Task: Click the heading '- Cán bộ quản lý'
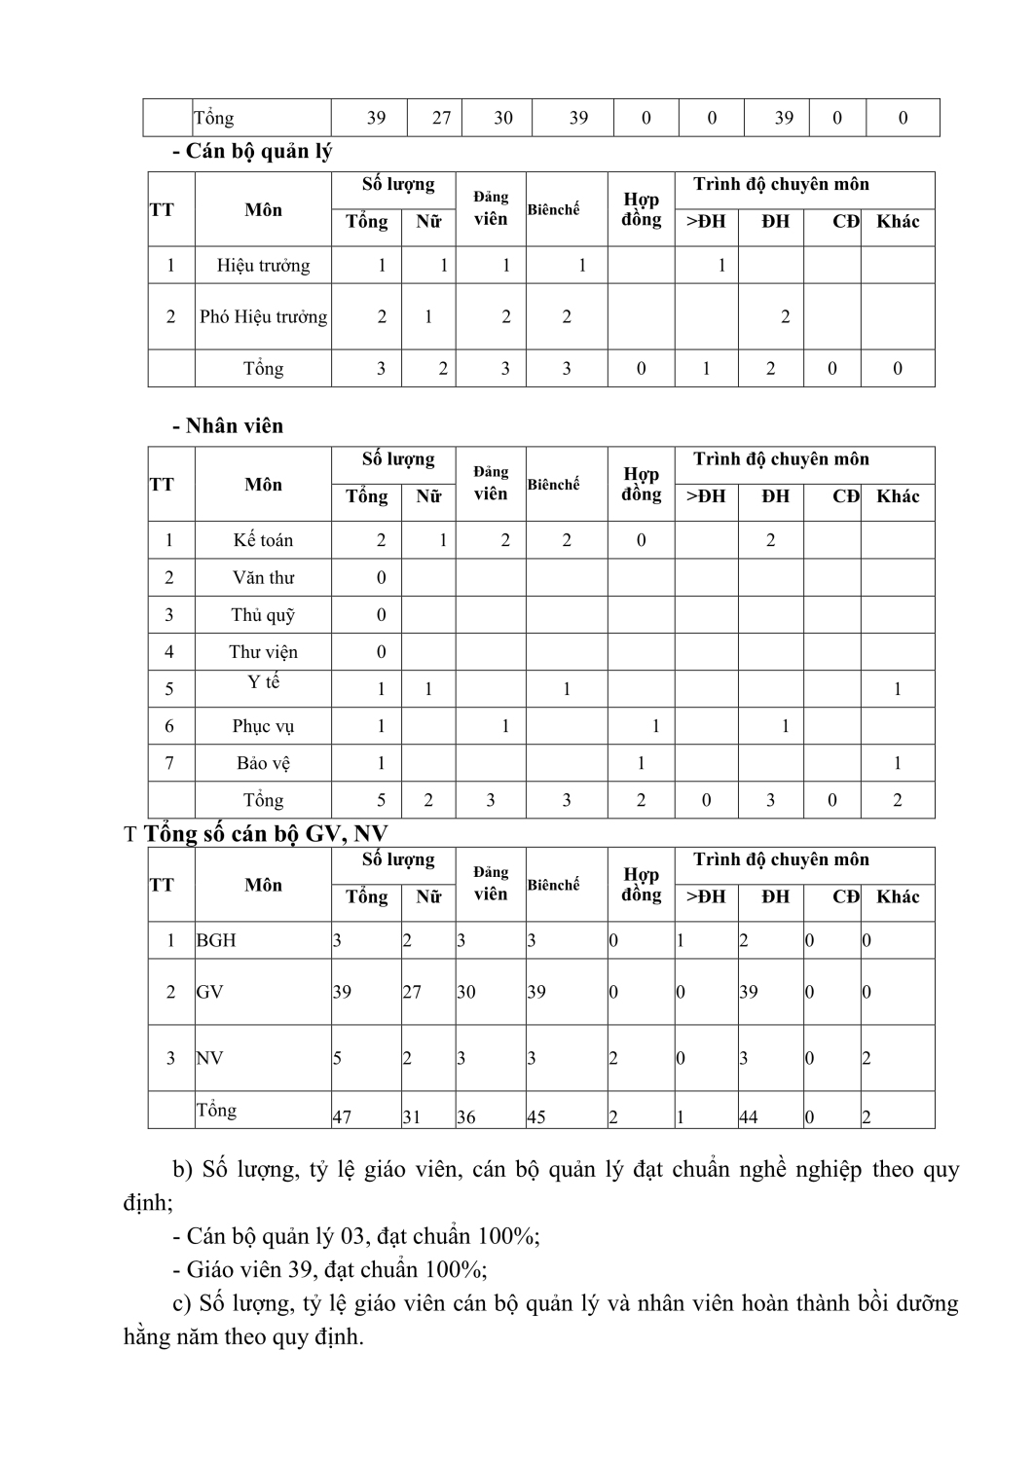(252, 151)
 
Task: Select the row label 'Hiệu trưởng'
(263, 266)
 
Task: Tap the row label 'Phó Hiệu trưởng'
(263, 316)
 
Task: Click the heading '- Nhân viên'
(228, 425)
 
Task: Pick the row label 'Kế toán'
(263, 540)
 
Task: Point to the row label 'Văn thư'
(263, 577)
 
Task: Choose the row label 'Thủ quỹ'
(263, 615)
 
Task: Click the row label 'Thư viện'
(263, 652)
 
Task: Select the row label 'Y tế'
(263, 682)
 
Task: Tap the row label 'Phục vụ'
(263, 726)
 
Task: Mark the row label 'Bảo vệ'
(263, 763)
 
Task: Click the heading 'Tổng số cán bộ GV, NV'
(266, 834)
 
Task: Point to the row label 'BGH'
(216, 940)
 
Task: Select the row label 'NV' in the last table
(209, 1058)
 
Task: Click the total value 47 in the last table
(342, 1117)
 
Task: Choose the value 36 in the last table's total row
(466, 1117)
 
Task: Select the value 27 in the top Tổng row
(442, 118)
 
